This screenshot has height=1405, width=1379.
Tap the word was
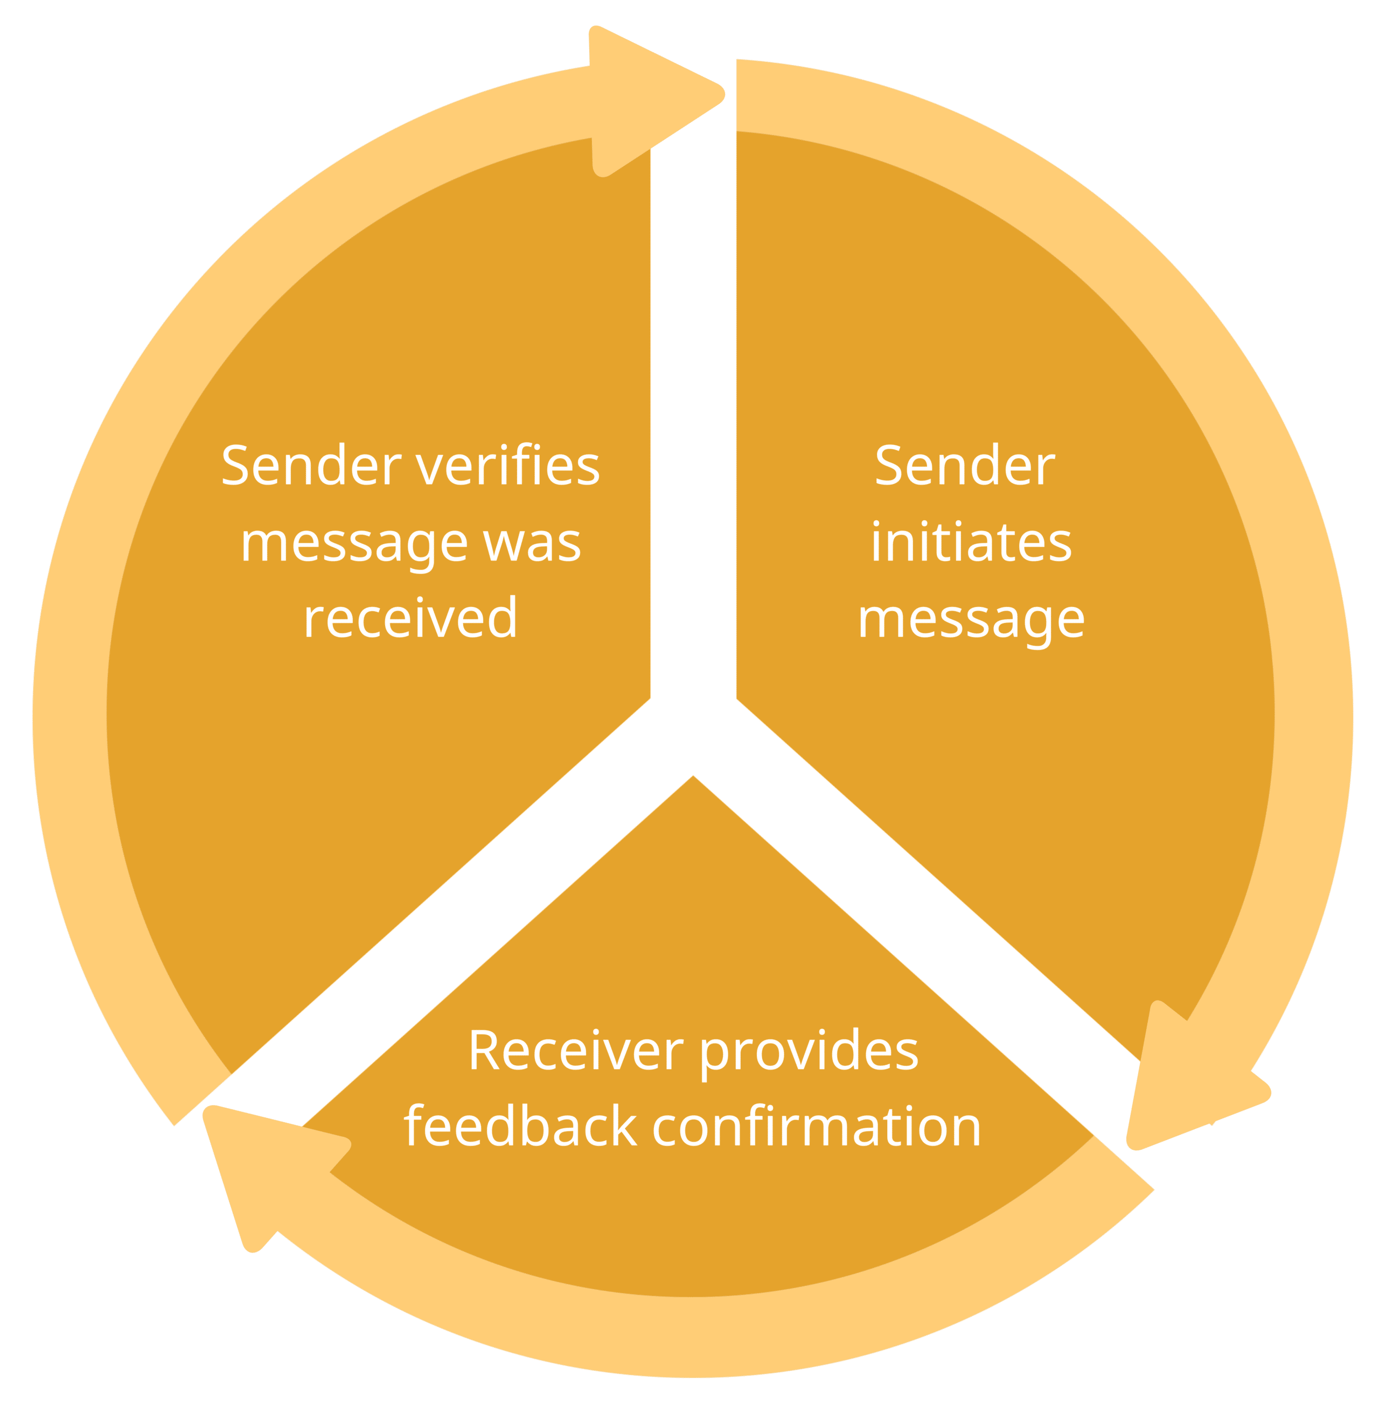click(532, 543)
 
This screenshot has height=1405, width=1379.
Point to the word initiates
click(971, 543)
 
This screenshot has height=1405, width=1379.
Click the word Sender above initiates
click(965, 465)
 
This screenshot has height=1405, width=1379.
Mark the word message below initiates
click(971, 621)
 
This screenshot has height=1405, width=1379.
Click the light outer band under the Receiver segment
click(693, 1333)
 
